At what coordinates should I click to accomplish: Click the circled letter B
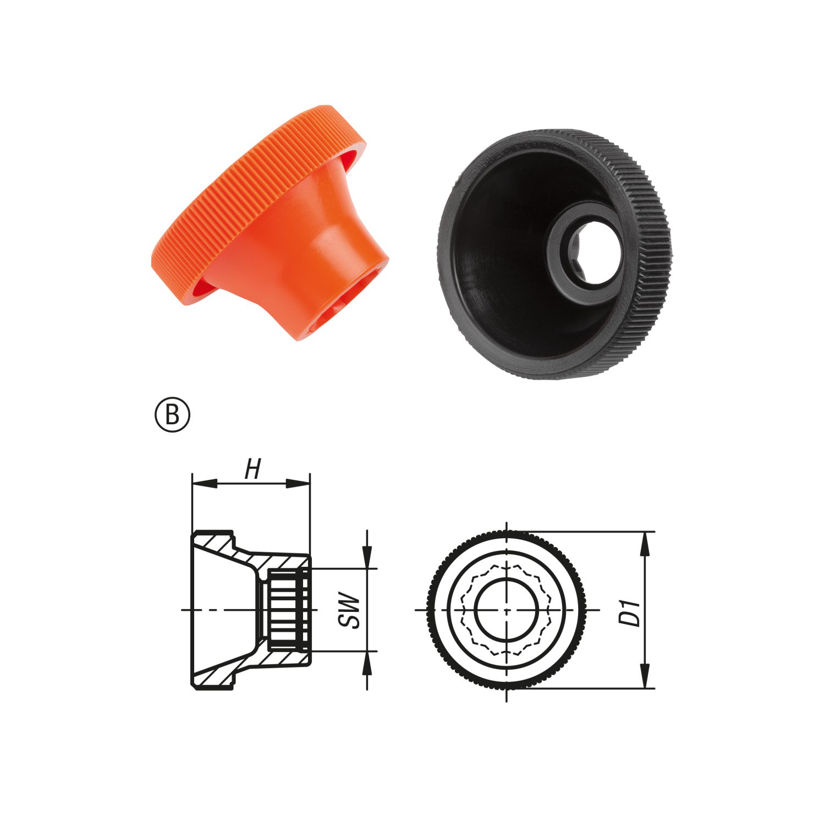[172, 416]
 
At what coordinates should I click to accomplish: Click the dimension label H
[252, 469]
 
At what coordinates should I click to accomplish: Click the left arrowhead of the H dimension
[204, 483]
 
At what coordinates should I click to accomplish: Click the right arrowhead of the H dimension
[298, 483]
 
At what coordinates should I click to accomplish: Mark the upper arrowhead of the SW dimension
[367, 556]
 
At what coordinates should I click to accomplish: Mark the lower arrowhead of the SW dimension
[367, 663]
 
